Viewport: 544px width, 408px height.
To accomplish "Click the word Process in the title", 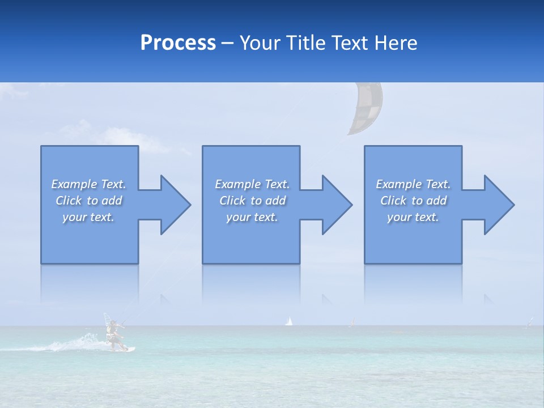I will click(178, 43).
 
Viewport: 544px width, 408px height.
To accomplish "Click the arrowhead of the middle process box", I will click(336, 205).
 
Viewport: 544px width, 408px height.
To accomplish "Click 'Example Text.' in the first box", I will click(88, 184).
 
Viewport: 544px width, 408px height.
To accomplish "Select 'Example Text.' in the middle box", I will click(252, 184).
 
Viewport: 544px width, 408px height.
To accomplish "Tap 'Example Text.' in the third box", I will click(413, 184).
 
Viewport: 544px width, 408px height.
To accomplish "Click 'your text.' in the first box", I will click(88, 217).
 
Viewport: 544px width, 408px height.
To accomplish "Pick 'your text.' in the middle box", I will click(252, 217).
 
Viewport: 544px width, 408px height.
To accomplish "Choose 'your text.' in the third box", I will click(413, 217).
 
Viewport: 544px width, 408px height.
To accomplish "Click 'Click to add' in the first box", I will click(88, 201).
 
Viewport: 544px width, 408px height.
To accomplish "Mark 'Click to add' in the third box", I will click(413, 201).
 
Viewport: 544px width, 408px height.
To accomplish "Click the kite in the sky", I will click(365, 109).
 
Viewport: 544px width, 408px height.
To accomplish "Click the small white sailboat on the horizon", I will click(289, 321).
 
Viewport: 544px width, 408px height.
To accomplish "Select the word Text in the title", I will click(350, 43).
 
